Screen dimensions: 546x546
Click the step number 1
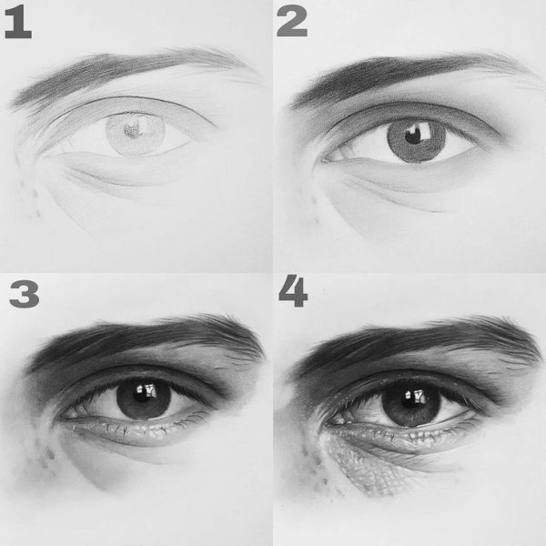click(18, 23)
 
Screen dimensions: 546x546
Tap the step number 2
click(292, 22)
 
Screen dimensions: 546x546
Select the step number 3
click(24, 294)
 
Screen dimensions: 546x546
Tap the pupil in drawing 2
click(414, 135)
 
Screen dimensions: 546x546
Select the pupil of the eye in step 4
click(411, 399)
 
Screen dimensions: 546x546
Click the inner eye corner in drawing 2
click(325, 160)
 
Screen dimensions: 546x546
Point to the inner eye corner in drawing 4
click(329, 424)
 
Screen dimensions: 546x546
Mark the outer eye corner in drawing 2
click(501, 136)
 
